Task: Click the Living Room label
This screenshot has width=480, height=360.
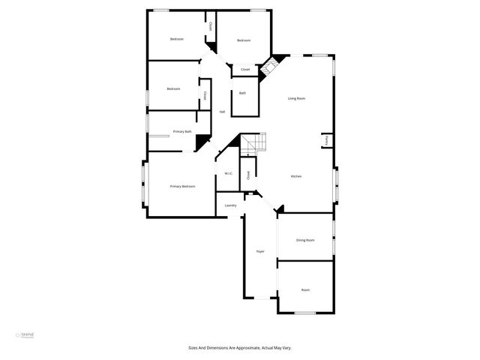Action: pyautogui.click(x=296, y=98)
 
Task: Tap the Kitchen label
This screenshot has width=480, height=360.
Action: pyautogui.click(x=296, y=176)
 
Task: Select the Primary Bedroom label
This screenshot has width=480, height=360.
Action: pyautogui.click(x=182, y=186)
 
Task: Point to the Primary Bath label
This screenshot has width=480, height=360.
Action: pyautogui.click(x=182, y=132)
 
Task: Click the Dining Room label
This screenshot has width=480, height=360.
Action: pyautogui.click(x=305, y=240)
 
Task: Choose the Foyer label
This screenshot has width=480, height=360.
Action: pyautogui.click(x=260, y=251)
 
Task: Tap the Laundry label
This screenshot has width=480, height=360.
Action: pyautogui.click(x=230, y=205)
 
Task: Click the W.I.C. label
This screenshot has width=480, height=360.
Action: pyautogui.click(x=228, y=174)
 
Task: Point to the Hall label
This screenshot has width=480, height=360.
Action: pyautogui.click(x=222, y=112)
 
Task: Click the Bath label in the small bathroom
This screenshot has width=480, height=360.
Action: pyautogui.click(x=242, y=93)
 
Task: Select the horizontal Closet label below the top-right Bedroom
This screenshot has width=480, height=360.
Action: pyautogui.click(x=244, y=70)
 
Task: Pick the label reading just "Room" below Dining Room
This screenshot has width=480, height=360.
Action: pyautogui.click(x=305, y=289)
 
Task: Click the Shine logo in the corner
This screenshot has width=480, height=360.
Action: pyautogui.click(x=26, y=334)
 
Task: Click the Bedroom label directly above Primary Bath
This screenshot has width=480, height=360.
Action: pyautogui.click(x=173, y=88)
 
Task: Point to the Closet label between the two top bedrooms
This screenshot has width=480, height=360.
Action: pyautogui.click(x=211, y=27)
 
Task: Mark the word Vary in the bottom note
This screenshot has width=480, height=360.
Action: pyautogui.click(x=286, y=348)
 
